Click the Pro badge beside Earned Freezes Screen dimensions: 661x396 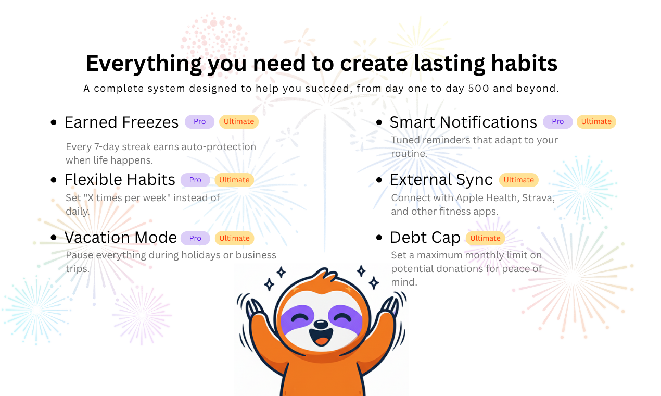click(x=199, y=121)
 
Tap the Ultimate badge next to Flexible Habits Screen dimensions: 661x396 click(x=234, y=180)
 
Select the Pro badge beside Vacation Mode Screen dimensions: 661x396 click(x=195, y=238)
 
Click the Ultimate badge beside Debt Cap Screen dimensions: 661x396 click(x=485, y=238)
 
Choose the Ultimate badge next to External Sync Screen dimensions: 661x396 click(x=518, y=180)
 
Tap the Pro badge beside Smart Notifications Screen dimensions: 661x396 click(x=558, y=121)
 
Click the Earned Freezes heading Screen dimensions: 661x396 click(x=121, y=122)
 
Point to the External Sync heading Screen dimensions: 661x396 click(x=441, y=180)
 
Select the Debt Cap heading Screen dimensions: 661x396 click(x=425, y=238)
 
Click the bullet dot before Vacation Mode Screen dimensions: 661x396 click(x=54, y=237)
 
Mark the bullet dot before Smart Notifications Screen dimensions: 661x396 click(x=379, y=122)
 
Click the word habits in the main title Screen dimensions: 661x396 click(x=524, y=63)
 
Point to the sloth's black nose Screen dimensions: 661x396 click(x=321, y=325)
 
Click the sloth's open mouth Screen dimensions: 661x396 click(x=321, y=337)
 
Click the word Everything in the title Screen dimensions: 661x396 click(x=144, y=64)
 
